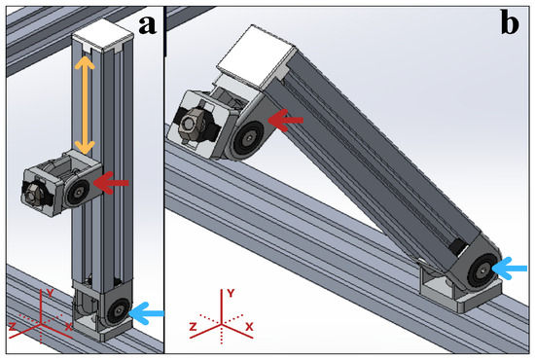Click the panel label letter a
(x=148, y=25)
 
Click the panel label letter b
(x=510, y=22)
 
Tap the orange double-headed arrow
(x=85, y=105)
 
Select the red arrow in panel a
(x=111, y=183)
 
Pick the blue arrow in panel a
(x=146, y=313)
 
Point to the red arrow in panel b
(x=285, y=120)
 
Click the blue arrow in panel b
(x=510, y=269)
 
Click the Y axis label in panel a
(x=50, y=293)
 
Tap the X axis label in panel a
(x=69, y=327)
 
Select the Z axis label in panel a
(x=13, y=327)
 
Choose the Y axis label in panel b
(x=231, y=293)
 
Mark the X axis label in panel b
(x=249, y=327)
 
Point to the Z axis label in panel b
(x=194, y=327)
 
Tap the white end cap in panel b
(x=256, y=56)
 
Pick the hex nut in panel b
(x=189, y=123)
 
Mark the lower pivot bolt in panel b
(x=483, y=271)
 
